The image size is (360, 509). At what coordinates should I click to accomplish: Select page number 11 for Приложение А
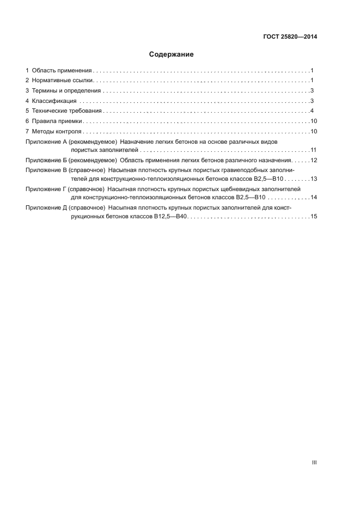[x=313, y=150]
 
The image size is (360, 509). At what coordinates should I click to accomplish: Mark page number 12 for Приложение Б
[x=313, y=160]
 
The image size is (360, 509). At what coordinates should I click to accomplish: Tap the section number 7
[x=27, y=132]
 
